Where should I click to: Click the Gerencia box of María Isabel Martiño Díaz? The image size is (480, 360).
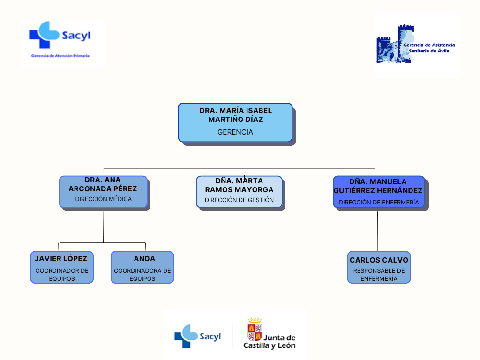[x=235, y=122]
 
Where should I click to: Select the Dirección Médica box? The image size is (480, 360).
[x=103, y=191]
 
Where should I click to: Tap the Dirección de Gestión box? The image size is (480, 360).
[x=239, y=192]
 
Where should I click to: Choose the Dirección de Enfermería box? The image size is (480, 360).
[x=379, y=192]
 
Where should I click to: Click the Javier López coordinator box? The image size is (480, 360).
[x=62, y=267]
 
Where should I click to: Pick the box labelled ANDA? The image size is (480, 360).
[x=142, y=267]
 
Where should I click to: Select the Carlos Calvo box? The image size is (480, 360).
[x=379, y=267]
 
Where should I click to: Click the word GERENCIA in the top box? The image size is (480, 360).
[x=235, y=132]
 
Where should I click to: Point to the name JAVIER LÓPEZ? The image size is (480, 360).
[x=61, y=259]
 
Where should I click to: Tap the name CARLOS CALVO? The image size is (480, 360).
[x=379, y=260]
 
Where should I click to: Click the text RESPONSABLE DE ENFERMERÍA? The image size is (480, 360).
[x=379, y=275]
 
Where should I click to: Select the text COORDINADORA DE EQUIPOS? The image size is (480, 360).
[x=142, y=275]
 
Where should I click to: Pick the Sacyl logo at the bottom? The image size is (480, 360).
[x=197, y=336]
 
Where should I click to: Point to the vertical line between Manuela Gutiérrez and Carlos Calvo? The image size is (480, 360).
[x=378, y=231]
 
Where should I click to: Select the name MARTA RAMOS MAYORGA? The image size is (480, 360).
[x=239, y=185]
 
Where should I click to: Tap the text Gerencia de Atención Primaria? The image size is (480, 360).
[x=60, y=56]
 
